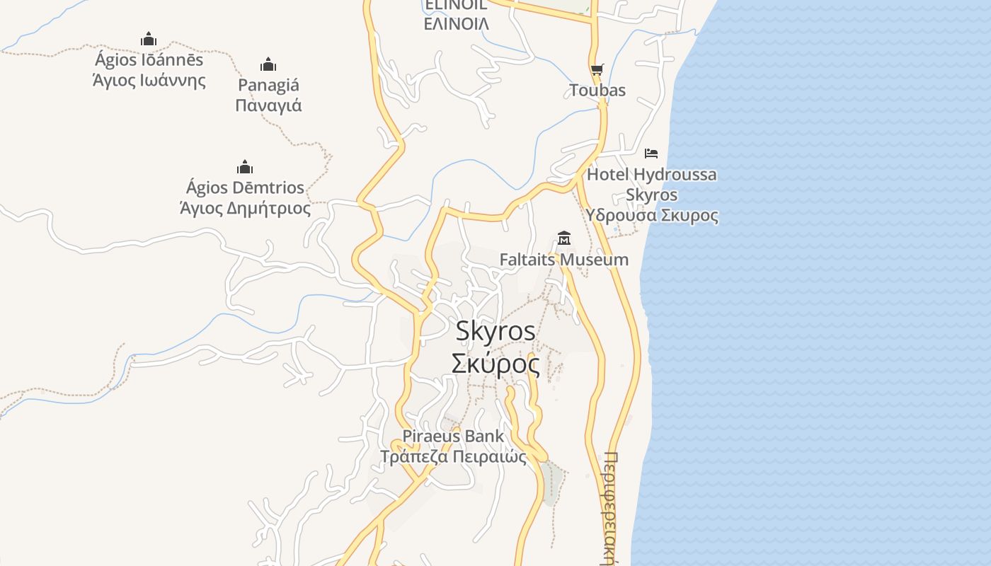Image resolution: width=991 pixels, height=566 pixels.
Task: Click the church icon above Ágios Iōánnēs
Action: [148, 38]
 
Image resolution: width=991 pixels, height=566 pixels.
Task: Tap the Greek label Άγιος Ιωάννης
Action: [149, 80]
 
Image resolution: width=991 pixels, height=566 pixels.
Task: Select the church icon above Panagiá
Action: [268, 64]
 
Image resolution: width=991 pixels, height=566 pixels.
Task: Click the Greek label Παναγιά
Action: [268, 105]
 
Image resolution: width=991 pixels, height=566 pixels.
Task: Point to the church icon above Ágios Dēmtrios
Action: [245, 167]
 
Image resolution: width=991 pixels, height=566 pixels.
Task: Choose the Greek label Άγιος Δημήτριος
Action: [245, 208]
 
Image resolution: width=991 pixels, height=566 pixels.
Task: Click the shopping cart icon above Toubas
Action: [597, 69]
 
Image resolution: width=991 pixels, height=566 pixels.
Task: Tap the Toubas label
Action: [598, 90]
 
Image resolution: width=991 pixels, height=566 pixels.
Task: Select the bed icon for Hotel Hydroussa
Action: [651, 153]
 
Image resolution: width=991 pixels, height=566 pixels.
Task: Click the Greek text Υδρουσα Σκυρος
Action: [652, 215]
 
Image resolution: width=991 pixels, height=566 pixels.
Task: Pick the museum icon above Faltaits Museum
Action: [564, 238]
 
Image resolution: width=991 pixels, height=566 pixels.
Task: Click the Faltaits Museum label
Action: [564, 260]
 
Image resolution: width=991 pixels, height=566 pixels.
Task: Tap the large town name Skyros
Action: [495, 330]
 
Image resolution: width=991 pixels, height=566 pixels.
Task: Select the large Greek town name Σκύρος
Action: [495, 364]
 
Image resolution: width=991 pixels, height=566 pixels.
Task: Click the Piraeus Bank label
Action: [454, 436]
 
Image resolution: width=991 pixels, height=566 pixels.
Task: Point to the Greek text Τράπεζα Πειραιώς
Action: [454, 456]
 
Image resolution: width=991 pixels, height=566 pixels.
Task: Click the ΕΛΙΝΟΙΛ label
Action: [457, 23]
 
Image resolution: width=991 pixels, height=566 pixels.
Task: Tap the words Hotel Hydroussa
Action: [652, 174]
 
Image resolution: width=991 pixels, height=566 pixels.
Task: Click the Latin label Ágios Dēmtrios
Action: [245, 187]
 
